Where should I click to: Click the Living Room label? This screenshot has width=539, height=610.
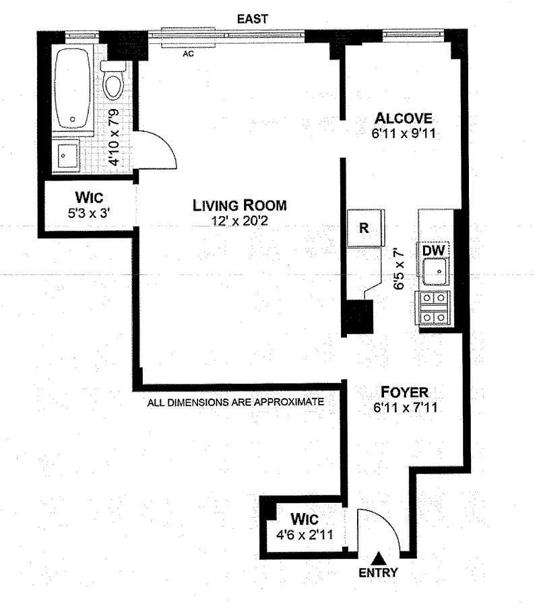(240, 205)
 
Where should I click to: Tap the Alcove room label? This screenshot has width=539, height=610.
(403, 118)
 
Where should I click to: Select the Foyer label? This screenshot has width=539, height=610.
(404, 392)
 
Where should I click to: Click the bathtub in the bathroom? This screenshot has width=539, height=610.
(73, 88)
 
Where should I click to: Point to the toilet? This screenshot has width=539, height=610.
(113, 81)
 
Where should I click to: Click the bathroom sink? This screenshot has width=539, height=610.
(66, 156)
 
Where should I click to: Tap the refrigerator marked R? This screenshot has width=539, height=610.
(364, 228)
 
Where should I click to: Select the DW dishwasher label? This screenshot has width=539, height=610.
(433, 250)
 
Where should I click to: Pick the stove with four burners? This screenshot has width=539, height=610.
(433, 308)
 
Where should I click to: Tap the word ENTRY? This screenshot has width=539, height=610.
(378, 573)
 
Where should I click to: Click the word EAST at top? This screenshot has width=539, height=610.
(253, 19)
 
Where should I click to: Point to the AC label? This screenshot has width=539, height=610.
(188, 54)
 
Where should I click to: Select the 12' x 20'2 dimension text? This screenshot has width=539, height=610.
(240, 221)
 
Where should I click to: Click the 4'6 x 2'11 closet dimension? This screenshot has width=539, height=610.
(305, 535)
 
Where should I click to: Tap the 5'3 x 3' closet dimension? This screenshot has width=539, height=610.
(89, 213)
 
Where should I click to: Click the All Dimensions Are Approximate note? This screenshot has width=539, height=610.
(235, 402)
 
